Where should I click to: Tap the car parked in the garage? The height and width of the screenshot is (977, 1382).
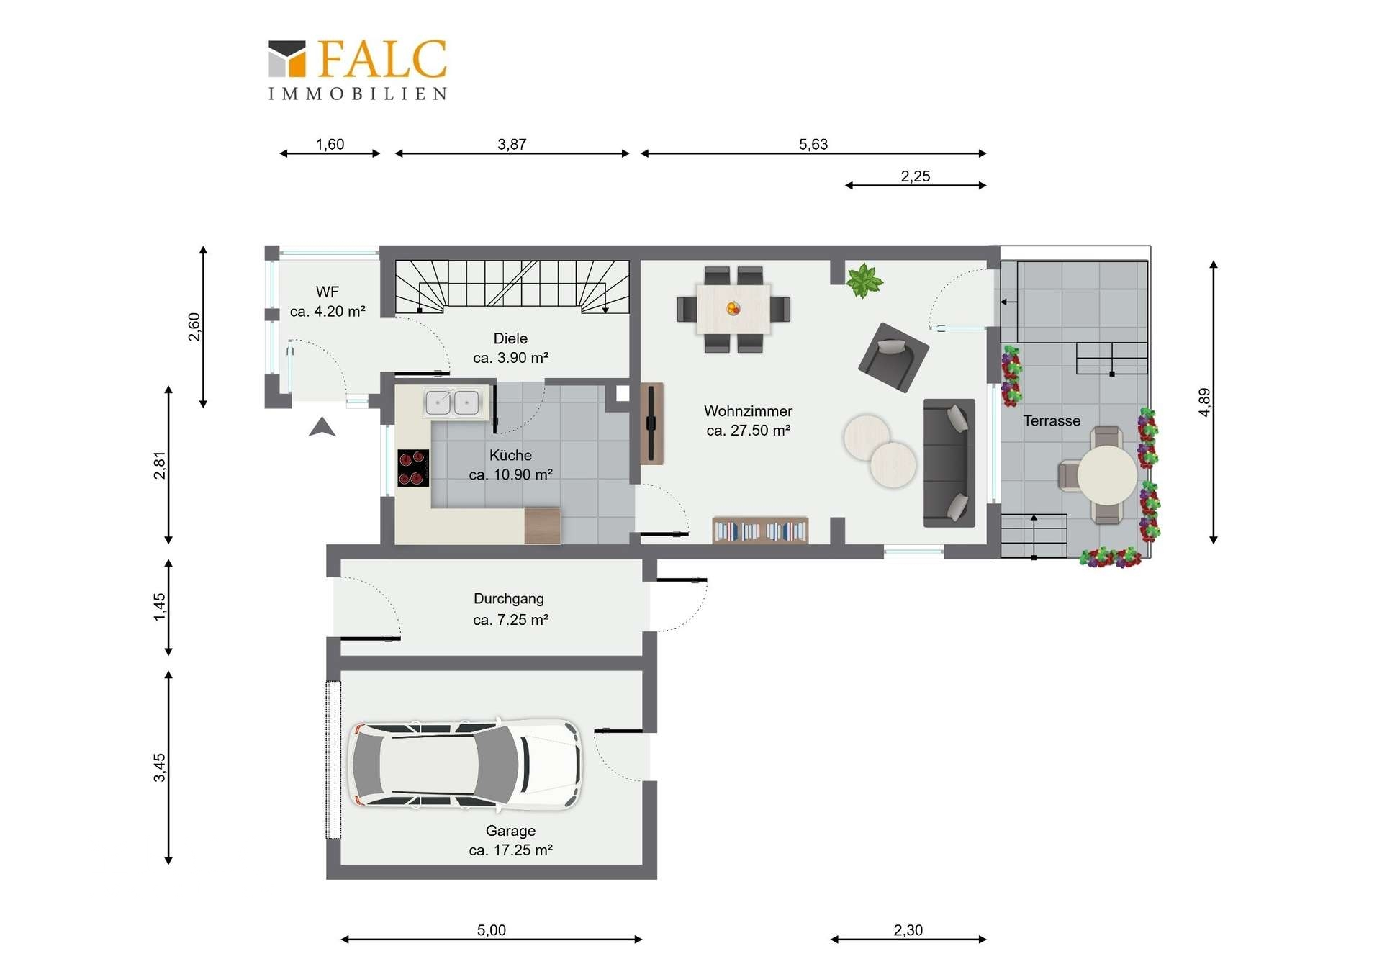point(465,763)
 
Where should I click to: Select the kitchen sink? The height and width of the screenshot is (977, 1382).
point(453,402)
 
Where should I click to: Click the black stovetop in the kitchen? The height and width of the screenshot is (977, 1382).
point(413,468)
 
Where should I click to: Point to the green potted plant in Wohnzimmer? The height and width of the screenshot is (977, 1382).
point(864,280)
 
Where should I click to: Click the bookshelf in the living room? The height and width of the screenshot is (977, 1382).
point(760,530)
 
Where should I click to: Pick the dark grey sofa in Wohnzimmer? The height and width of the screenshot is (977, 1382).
point(949,462)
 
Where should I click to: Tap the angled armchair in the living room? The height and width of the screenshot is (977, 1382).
point(893,357)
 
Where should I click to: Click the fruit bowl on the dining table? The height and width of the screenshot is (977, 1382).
point(733,309)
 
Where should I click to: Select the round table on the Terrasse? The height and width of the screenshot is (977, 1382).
point(1107,475)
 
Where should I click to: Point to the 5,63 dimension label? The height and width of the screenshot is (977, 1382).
point(813,144)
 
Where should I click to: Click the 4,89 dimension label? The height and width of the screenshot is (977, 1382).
point(1204,402)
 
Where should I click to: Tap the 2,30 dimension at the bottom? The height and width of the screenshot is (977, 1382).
point(908,930)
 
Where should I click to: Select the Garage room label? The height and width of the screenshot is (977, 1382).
point(510,830)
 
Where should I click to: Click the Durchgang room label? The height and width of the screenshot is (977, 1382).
point(509,598)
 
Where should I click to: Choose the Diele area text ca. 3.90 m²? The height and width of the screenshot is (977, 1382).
point(511,358)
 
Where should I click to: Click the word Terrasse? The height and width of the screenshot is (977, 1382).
point(1052,420)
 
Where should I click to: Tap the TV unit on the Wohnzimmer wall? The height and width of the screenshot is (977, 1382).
point(651,423)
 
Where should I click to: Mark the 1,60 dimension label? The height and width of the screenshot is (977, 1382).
point(330,144)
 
